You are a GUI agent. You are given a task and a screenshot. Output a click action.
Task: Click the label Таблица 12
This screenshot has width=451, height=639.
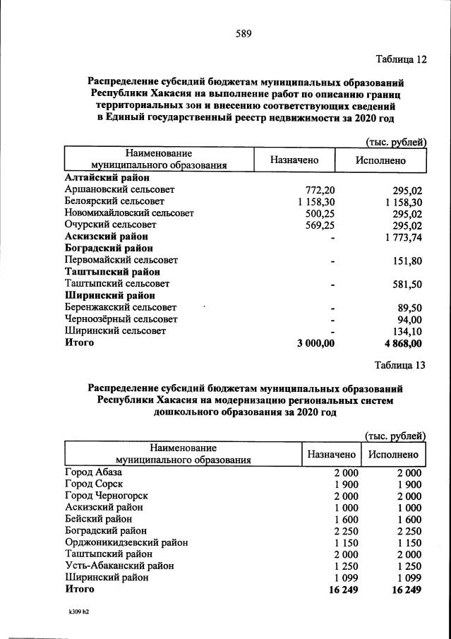tap(401, 59)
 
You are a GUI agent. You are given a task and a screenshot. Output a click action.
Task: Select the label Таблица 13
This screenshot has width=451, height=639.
tap(401, 364)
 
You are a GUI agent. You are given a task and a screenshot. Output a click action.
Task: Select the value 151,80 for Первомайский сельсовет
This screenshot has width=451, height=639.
tap(407, 261)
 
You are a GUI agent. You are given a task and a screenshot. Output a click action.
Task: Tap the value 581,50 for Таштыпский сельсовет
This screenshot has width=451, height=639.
tap(407, 283)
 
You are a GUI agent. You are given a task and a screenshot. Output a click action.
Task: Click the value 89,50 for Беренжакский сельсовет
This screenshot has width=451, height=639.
tap(409, 307)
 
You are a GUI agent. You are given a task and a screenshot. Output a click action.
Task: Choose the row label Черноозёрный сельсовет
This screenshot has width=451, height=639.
tap(121, 319)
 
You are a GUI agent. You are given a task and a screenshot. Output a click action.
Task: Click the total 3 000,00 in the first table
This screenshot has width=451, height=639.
tap(311, 343)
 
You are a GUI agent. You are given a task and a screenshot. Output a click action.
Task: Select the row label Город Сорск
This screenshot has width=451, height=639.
tap(94, 484)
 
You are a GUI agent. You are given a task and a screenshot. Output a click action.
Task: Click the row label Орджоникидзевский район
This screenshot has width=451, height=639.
tap(126, 542)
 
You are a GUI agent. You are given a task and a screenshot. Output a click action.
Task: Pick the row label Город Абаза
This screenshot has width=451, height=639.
tap(94, 472)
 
